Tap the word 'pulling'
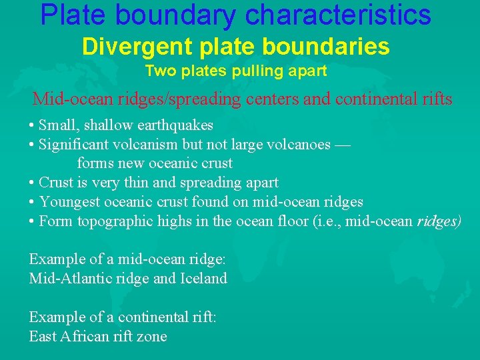pyautogui.click(x=251, y=71)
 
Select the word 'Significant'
pyautogui.click(x=73, y=144)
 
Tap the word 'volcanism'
pyautogui.click(x=144, y=144)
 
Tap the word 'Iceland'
pyautogui.click(x=203, y=278)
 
